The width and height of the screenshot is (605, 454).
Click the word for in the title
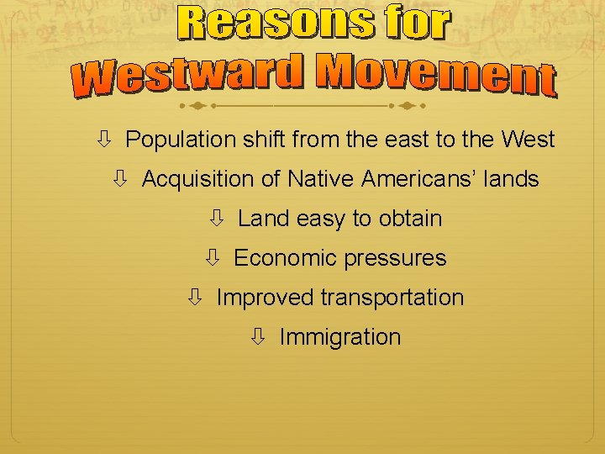click(x=417, y=24)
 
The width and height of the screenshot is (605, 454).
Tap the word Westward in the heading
click(x=186, y=77)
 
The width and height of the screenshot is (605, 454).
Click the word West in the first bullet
click(x=528, y=140)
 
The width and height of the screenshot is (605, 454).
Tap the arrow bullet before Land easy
click(x=216, y=219)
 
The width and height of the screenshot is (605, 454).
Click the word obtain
click(x=410, y=219)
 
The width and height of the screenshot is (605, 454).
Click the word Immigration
click(x=339, y=337)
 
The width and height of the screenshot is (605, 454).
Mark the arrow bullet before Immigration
click(x=257, y=337)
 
